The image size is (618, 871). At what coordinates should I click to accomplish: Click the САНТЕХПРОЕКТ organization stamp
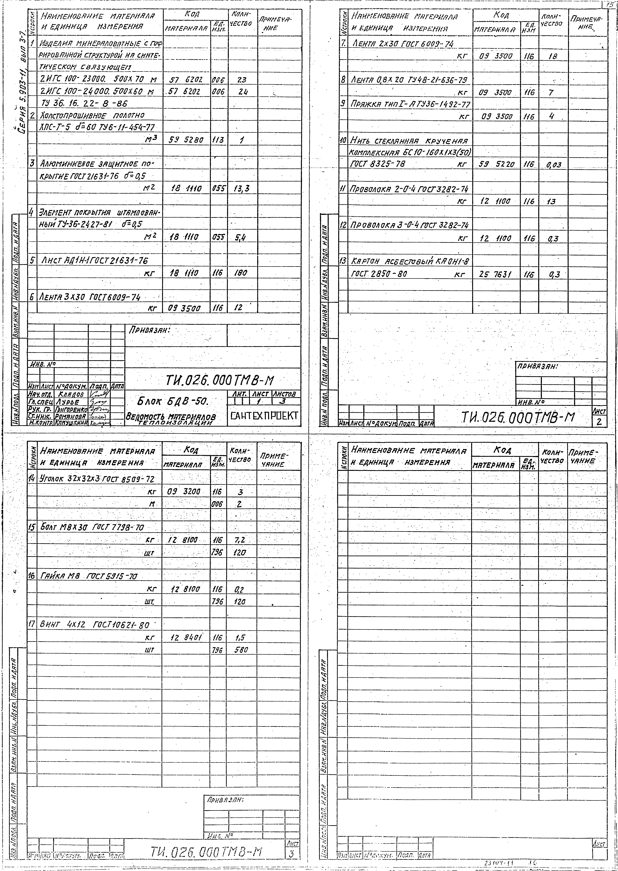(x=263, y=416)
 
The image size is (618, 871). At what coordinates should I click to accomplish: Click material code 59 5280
(x=186, y=140)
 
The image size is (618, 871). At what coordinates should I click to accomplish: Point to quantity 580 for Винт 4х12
(x=241, y=650)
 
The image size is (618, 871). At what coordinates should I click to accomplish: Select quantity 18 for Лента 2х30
(x=553, y=56)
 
